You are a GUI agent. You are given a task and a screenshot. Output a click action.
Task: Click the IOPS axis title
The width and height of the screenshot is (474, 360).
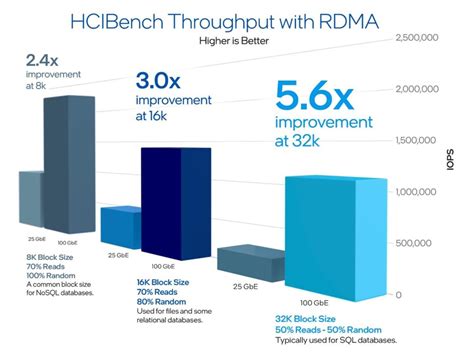click(x=451, y=165)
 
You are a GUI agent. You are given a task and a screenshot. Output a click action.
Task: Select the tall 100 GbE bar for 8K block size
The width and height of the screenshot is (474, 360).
click(x=75, y=160)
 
